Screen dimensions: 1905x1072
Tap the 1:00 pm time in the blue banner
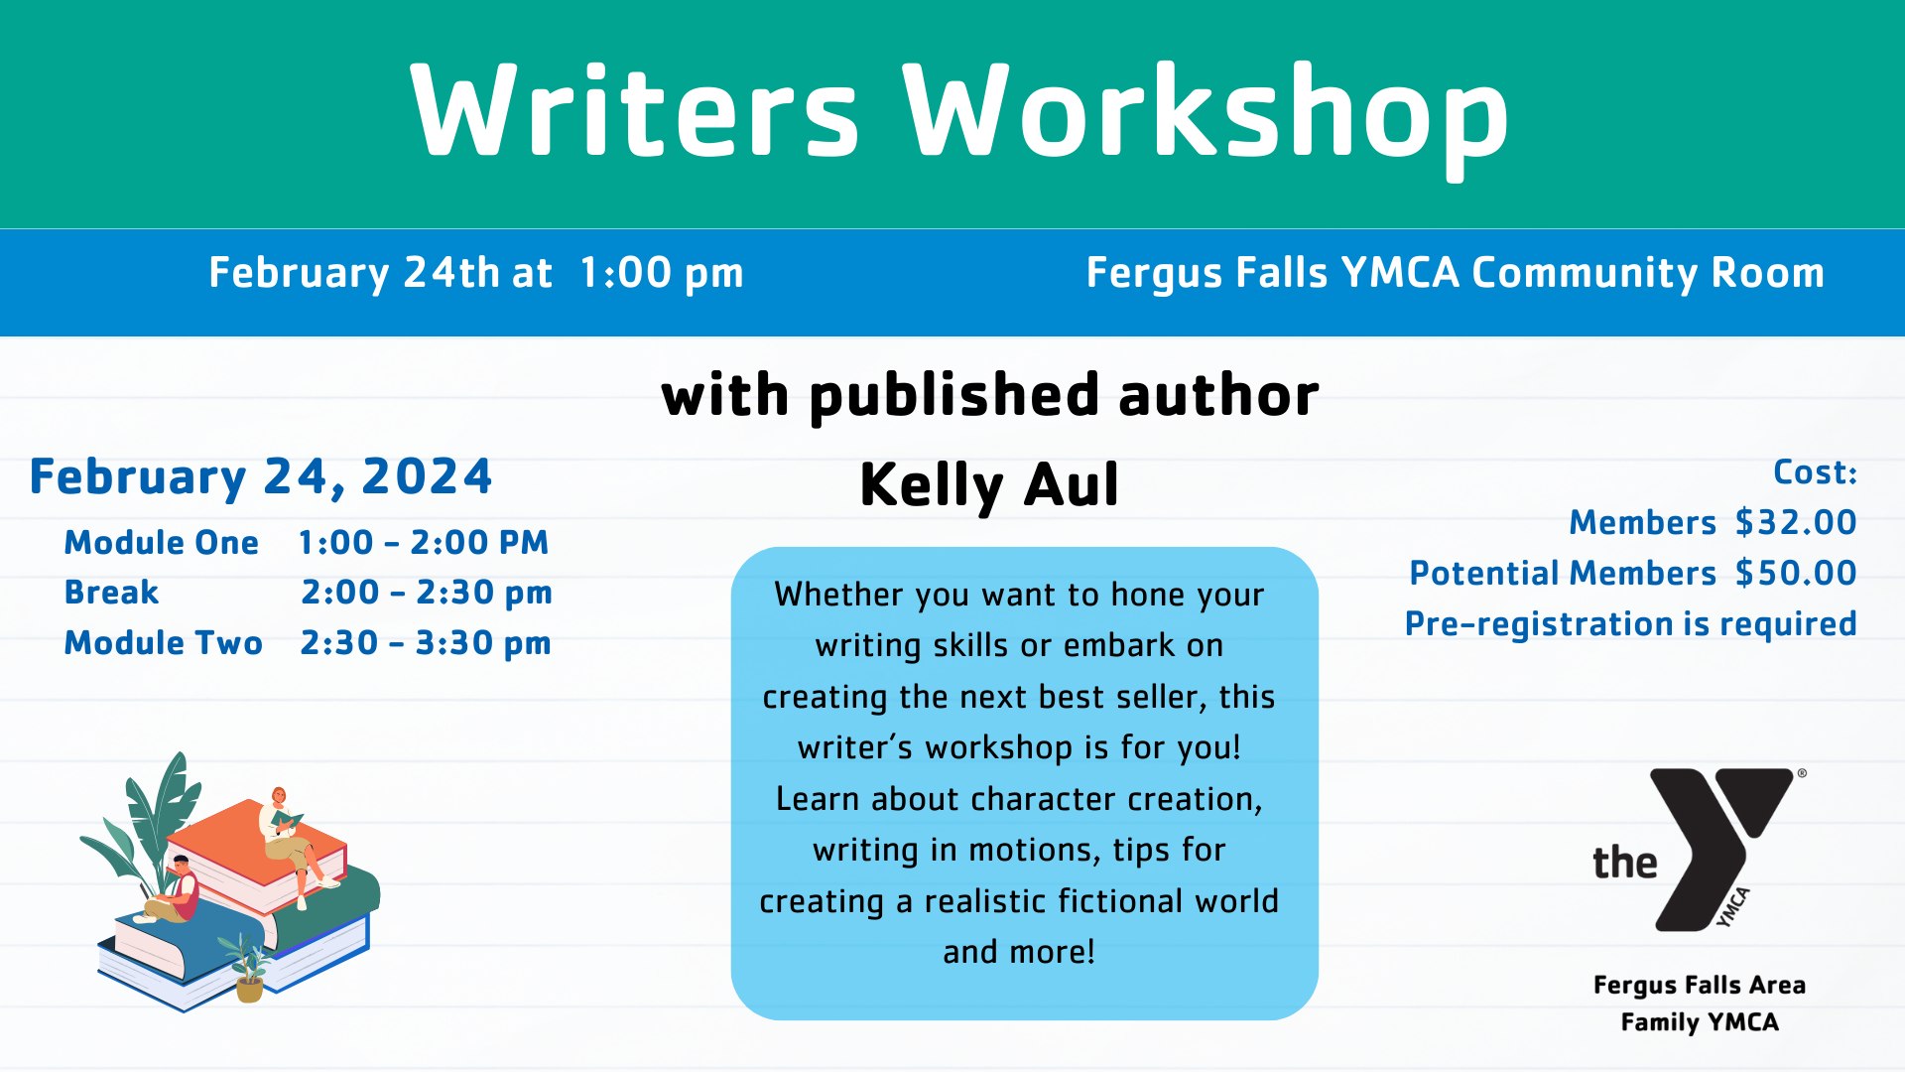[661, 273]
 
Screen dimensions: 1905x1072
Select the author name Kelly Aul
[989, 485]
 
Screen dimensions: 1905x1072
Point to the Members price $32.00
[1796, 522]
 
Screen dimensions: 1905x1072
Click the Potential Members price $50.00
[1796, 573]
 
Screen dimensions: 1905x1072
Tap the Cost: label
[1815, 471]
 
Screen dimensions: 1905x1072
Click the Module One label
[162, 542]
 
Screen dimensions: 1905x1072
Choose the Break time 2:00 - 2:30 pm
[427, 593]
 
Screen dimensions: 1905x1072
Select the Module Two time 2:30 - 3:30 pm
[426, 643]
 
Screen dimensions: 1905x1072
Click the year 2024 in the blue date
[427, 476]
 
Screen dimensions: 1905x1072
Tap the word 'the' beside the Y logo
[1624, 862]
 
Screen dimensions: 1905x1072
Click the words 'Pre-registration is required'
[1631, 624]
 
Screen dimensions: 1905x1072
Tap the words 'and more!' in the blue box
[1019, 952]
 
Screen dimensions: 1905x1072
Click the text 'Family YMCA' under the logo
[1700, 1022]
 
